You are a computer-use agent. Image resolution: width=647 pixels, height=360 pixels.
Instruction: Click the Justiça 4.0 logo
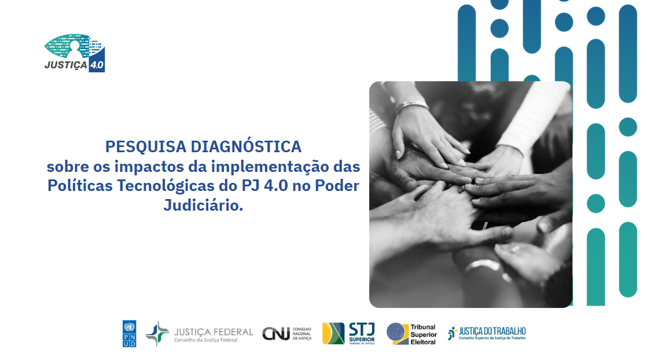tap(75, 53)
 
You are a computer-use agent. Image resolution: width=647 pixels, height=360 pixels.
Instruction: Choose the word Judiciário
tap(203, 205)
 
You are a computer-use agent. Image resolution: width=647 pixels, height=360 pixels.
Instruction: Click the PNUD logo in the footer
tap(129, 333)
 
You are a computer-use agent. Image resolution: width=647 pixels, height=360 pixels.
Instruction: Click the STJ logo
tap(349, 333)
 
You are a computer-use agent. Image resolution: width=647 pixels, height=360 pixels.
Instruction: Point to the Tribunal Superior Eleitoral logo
tap(411, 334)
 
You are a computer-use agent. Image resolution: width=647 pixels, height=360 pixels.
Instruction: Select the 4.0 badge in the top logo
tap(97, 64)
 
